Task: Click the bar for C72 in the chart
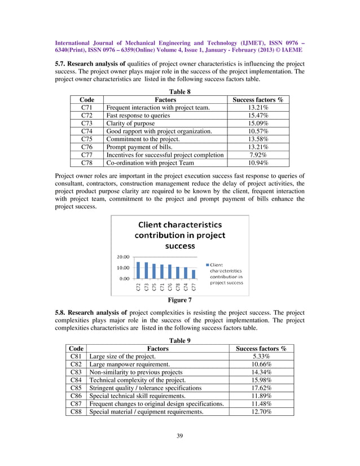coord(139,270)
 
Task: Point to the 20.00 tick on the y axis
coord(122,257)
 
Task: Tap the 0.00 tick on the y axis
coord(124,278)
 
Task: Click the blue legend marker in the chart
coord(208,265)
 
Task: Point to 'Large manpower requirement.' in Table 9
coord(130,364)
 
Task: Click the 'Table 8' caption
coord(180,90)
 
